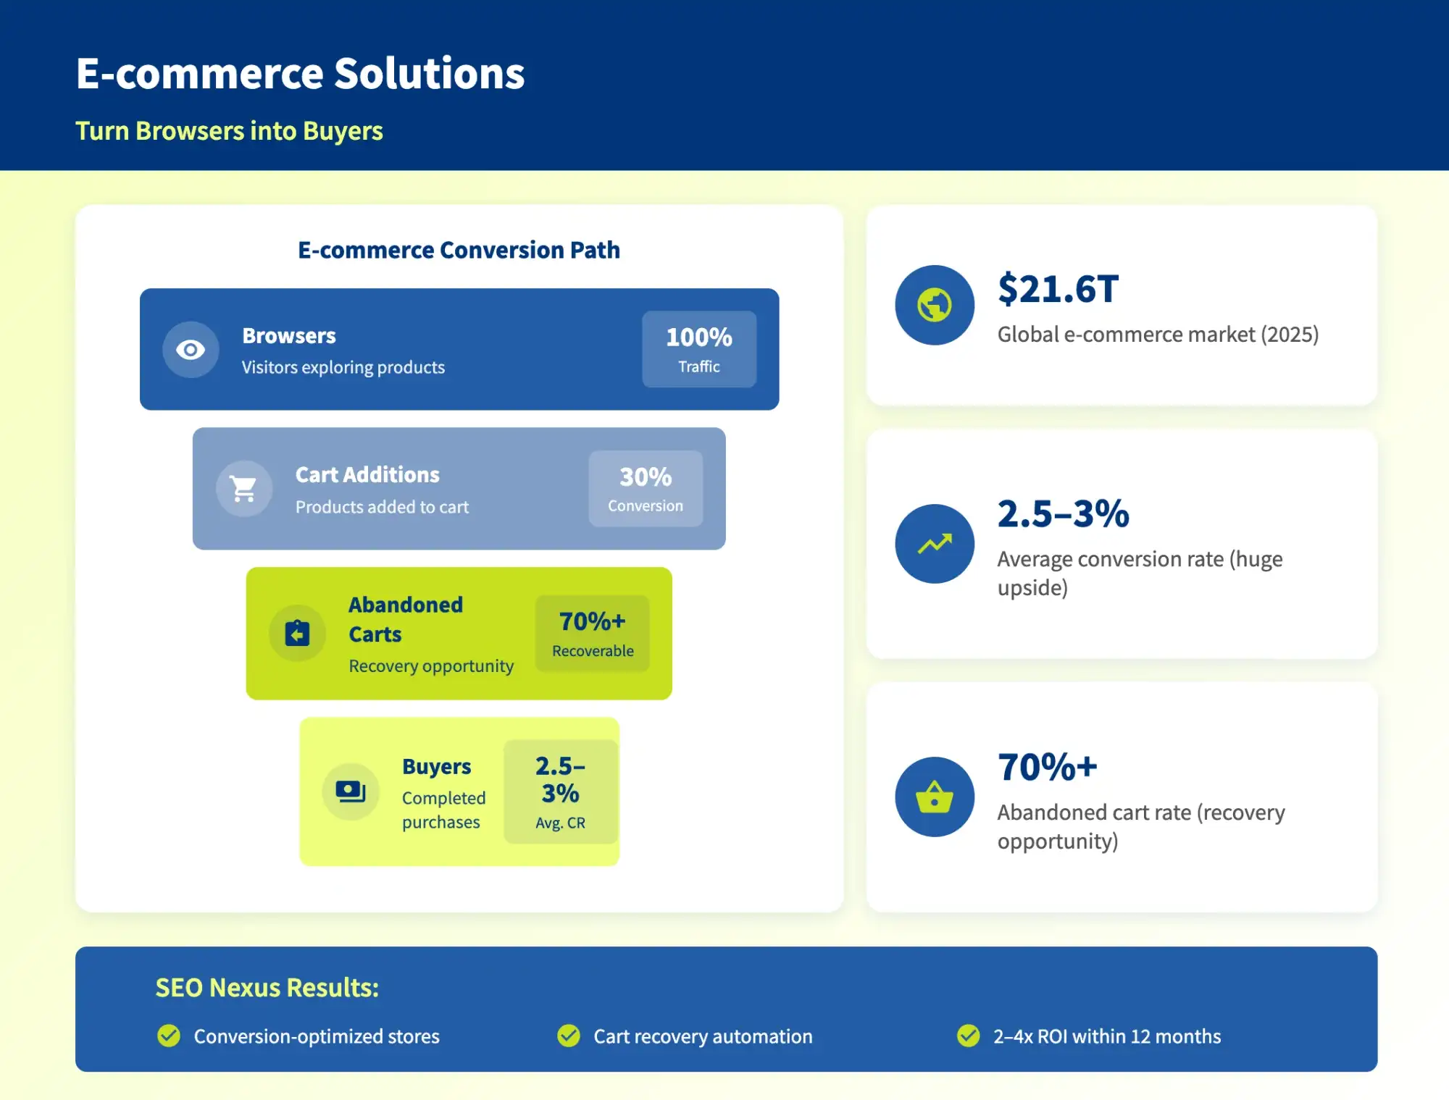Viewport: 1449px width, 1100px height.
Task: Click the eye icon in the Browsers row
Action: click(191, 350)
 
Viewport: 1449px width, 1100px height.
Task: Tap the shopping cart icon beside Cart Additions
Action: click(244, 489)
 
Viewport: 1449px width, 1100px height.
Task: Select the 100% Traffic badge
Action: click(699, 349)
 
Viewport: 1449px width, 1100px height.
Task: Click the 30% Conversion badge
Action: click(646, 489)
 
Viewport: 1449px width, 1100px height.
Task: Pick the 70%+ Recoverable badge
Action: click(593, 634)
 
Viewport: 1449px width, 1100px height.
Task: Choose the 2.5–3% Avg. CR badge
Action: click(560, 792)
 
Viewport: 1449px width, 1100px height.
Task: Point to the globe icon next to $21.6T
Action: click(935, 305)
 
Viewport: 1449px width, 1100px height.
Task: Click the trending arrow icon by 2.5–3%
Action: click(935, 544)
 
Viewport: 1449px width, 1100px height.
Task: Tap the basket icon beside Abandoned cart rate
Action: click(935, 797)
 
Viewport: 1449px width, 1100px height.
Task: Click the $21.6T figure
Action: click(1058, 289)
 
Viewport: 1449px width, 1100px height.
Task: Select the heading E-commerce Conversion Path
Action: click(459, 250)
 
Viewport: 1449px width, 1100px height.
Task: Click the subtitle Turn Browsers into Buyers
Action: click(229, 131)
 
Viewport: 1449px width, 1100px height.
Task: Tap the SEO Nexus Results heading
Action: click(267, 988)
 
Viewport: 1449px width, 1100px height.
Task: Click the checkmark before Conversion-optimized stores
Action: click(169, 1036)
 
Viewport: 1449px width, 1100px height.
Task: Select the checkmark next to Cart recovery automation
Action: click(569, 1036)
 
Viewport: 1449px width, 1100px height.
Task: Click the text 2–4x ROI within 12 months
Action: click(1106, 1036)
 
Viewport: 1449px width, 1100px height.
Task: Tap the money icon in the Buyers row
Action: click(351, 792)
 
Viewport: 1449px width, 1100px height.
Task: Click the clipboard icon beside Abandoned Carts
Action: click(297, 633)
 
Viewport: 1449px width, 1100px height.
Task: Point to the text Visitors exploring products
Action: click(343, 367)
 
